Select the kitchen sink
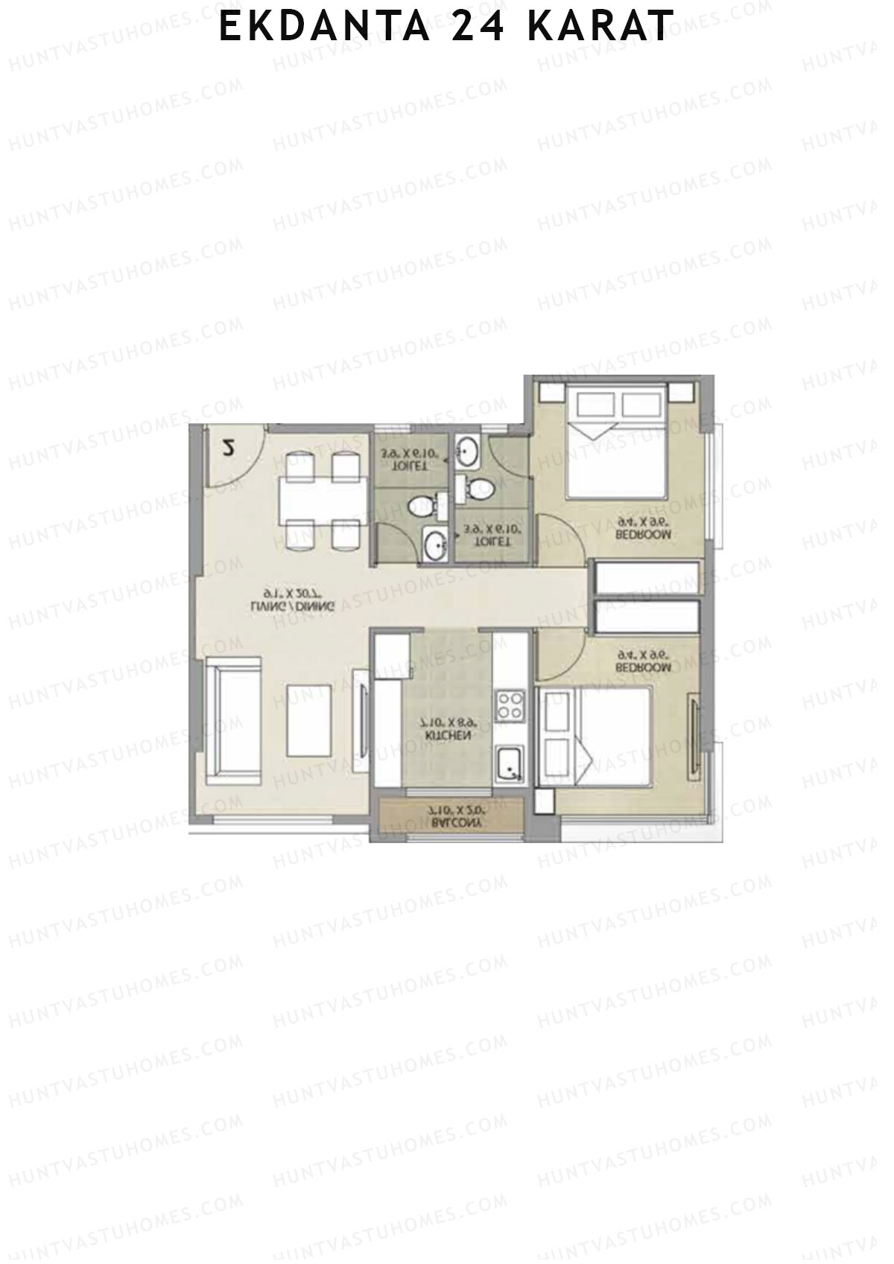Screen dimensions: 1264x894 (x=510, y=763)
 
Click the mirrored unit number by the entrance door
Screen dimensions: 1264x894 (x=228, y=449)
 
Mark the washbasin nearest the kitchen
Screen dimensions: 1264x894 (x=433, y=542)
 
